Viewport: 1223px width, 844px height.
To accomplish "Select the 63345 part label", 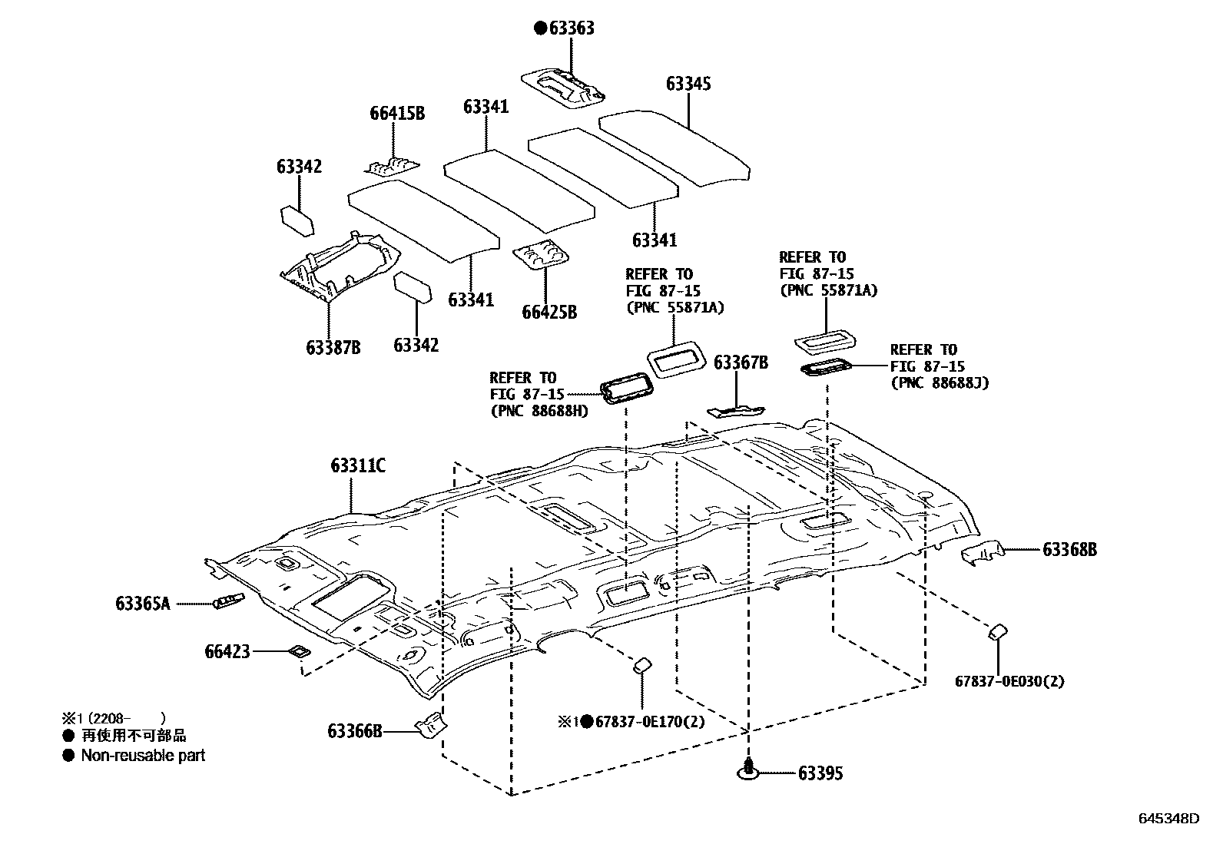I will pyautogui.click(x=688, y=84).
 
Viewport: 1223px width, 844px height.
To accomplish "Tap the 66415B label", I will pyautogui.click(x=396, y=114).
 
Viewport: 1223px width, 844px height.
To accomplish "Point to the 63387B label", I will pyautogui.click(x=333, y=348).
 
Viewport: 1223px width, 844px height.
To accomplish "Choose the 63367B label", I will pyautogui.click(x=741, y=363).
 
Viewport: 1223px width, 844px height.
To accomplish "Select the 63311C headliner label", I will pyautogui.click(x=358, y=466).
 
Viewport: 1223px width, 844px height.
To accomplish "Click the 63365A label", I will pyautogui.click(x=143, y=604).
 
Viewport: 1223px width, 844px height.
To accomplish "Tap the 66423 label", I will pyautogui.click(x=227, y=652).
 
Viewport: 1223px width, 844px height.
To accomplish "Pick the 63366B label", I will pyautogui.click(x=355, y=731).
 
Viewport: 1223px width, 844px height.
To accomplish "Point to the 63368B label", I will pyautogui.click(x=1069, y=550).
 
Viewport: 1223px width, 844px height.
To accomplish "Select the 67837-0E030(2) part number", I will pyautogui.click(x=1009, y=681).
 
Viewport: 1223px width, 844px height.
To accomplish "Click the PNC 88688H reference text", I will pyautogui.click(x=539, y=411).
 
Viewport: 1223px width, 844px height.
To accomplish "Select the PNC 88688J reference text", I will pyautogui.click(x=939, y=382).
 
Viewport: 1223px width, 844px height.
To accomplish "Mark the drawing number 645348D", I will pyautogui.click(x=1168, y=818).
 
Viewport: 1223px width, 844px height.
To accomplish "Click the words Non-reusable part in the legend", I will pyautogui.click(x=143, y=756).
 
